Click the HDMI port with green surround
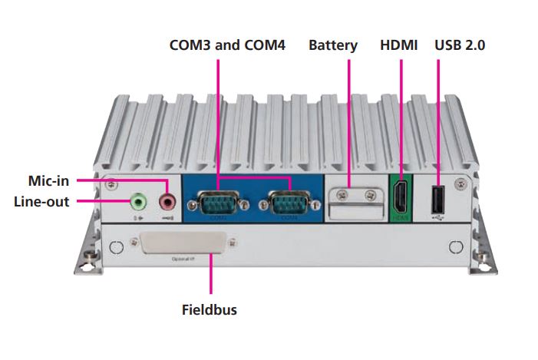coord(400,198)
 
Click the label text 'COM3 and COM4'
coord(227,46)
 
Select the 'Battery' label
coord(333,46)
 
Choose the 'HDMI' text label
coord(399,46)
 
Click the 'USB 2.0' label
coord(460,46)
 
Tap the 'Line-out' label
coord(41,202)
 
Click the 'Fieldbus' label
coord(209,311)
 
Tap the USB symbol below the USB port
coord(437,217)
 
